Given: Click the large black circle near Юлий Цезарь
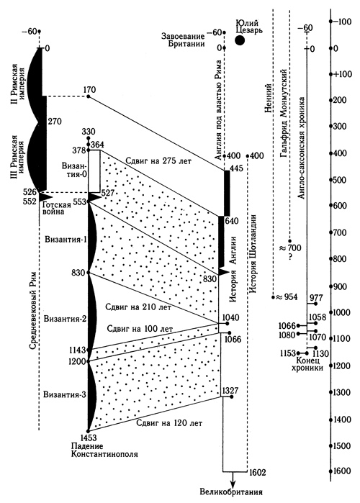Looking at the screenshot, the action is (239, 40).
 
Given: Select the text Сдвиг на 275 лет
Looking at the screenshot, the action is (158, 160).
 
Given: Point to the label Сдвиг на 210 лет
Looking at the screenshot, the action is (138, 307).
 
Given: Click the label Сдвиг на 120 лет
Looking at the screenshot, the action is (169, 423).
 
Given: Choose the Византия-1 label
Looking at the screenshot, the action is (66, 240).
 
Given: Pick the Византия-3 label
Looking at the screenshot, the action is (65, 394).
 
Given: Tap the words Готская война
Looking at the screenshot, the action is (53, 207).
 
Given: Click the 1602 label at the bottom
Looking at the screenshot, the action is (257, 472).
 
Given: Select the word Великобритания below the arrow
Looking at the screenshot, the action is (231, 492).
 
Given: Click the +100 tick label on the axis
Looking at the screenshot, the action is (343, 74).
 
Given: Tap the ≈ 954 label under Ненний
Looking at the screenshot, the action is (287, 297).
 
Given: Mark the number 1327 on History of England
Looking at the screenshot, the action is (230, 391).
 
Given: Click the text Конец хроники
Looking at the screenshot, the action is (307, 364).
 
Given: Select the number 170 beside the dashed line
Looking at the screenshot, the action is (89, 89).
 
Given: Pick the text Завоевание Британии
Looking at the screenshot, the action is (183, 40).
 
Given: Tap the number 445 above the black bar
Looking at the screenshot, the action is (237, 168).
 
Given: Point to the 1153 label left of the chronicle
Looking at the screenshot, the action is (287, 353).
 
